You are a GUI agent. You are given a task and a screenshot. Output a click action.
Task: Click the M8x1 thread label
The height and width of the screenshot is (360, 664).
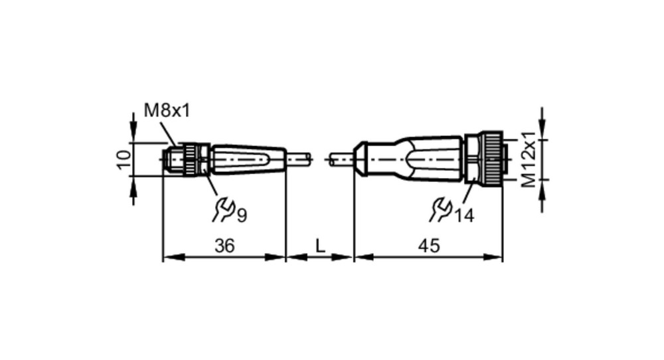167,110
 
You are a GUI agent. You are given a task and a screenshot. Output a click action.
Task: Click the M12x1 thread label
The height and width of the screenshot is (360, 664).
528,159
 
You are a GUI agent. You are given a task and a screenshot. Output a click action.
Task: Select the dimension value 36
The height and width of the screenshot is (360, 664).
224,246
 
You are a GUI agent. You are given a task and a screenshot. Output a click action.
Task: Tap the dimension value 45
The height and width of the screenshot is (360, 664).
429,246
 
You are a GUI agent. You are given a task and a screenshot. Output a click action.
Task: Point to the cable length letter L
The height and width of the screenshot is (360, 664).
320,245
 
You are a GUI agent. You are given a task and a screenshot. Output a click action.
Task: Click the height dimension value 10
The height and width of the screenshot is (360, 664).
124,159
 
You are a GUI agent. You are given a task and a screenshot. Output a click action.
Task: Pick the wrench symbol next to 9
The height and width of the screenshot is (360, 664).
223,210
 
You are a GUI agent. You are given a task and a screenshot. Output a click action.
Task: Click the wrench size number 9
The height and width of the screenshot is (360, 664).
242,216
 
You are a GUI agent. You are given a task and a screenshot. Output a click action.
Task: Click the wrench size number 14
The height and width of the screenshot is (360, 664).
464,216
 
